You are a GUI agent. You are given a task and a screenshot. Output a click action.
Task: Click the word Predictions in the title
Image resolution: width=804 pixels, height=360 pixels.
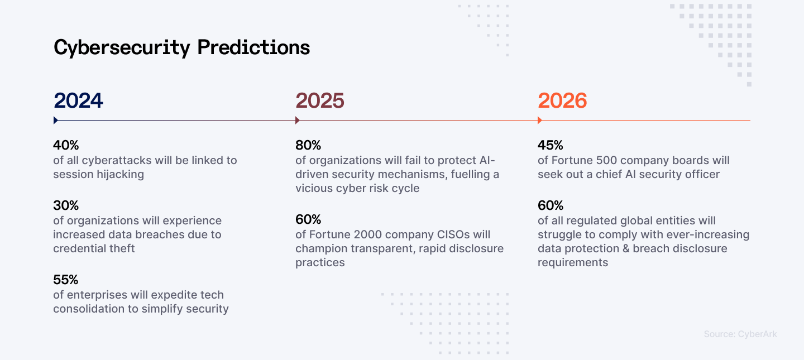pyautogui.click(x=253, y=48)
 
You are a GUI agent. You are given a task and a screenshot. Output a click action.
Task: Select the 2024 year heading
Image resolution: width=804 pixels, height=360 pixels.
pyautogui.click(x=79, y=101)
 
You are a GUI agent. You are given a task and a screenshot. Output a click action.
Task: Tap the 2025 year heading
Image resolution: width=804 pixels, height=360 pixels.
pyautogui.click(x=320, y=101)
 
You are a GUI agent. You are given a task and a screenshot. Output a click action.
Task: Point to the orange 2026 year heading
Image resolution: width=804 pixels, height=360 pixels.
pyautogui.click(x=562, y=101)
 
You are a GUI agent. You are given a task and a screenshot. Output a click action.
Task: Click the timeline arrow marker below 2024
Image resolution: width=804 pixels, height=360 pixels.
pyautogui.click(x=55, y=120)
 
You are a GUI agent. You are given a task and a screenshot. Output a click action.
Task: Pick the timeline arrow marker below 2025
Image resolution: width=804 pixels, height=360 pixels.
pyautogui.click(x=297, y=120)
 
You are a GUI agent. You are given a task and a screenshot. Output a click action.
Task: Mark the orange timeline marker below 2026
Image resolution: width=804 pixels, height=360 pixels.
pyautogui.click(x=539, y=120)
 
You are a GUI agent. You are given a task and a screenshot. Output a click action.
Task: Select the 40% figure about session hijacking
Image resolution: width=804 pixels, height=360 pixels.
pyautogui.click(x=66, y=145)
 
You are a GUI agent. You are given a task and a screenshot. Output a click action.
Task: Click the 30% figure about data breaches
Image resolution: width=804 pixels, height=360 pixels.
pyautogui.click(x=66, y=205)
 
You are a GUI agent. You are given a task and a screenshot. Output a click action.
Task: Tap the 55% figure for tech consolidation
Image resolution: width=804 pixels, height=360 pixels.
pyautogui.click(x=66, y=280)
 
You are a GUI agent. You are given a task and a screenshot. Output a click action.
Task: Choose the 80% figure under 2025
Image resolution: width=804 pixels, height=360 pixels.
pyautogui.click(x=308, y=145)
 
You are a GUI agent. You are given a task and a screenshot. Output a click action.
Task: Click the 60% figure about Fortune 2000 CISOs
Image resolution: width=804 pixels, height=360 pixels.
pyautogui.click(x=308, y=219)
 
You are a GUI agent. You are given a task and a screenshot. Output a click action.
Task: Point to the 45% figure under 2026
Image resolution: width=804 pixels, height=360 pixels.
pyautogui.click(x=551, y=145)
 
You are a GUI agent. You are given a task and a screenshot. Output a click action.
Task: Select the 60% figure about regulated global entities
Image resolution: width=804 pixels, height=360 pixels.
pyautogui.click(x=551, y=205)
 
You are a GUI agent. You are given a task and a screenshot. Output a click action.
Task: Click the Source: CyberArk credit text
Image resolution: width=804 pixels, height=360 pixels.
pyautogui.click(x=740, y=334)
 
